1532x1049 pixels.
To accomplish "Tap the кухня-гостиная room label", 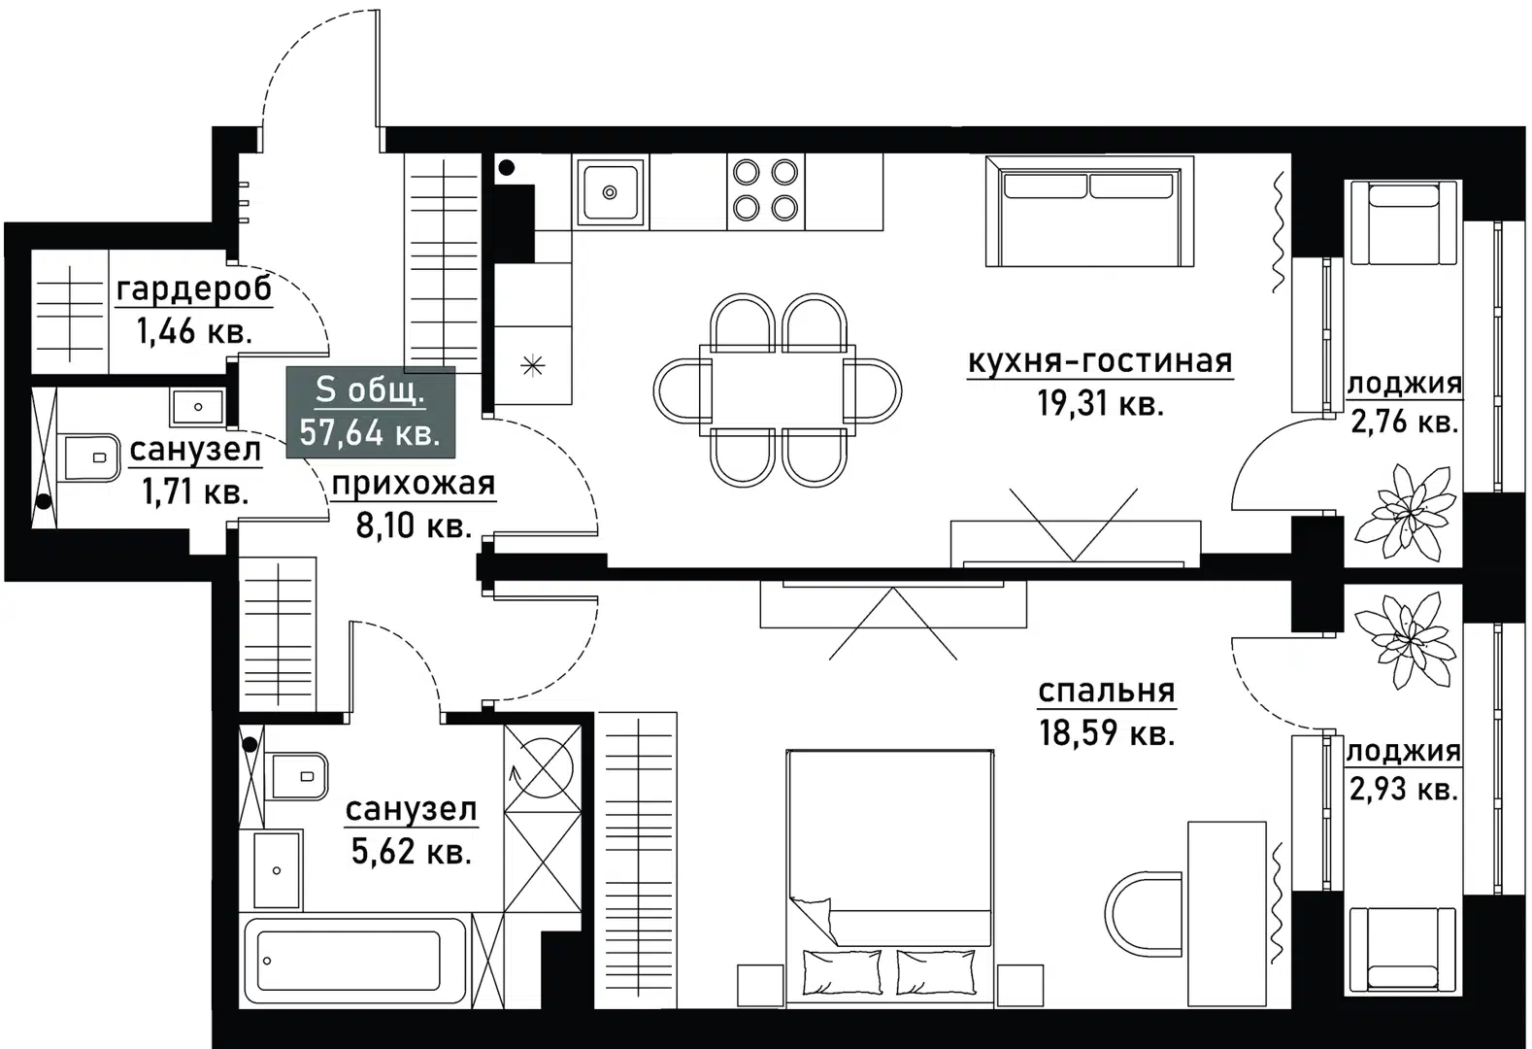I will (x=1099, y=361).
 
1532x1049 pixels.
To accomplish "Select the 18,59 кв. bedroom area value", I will (x=1107, y=732).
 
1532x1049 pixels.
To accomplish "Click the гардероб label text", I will (x=194, y=289).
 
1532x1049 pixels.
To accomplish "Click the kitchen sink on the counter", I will (x=610, y=192).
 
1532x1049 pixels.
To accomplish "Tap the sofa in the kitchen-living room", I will (x=1089, y=212).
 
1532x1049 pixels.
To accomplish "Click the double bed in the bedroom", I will (x=889, y=864).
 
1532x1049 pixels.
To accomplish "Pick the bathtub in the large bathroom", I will (x=355, y=964).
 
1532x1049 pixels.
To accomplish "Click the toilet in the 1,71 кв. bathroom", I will (x=87, y=457).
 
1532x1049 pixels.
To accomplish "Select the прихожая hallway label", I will (x=413, y=483).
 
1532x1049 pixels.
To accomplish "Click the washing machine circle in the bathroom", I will (x=543, y=762).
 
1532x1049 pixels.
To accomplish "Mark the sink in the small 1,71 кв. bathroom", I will (x=198, y=407).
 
